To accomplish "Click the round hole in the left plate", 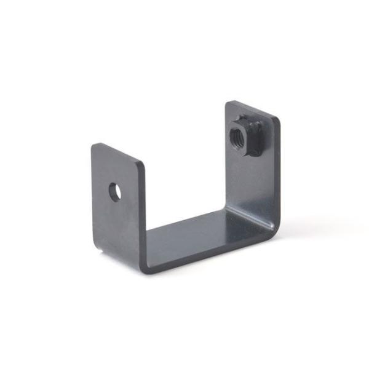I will point(114,192).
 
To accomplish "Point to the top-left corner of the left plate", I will point(93,146).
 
